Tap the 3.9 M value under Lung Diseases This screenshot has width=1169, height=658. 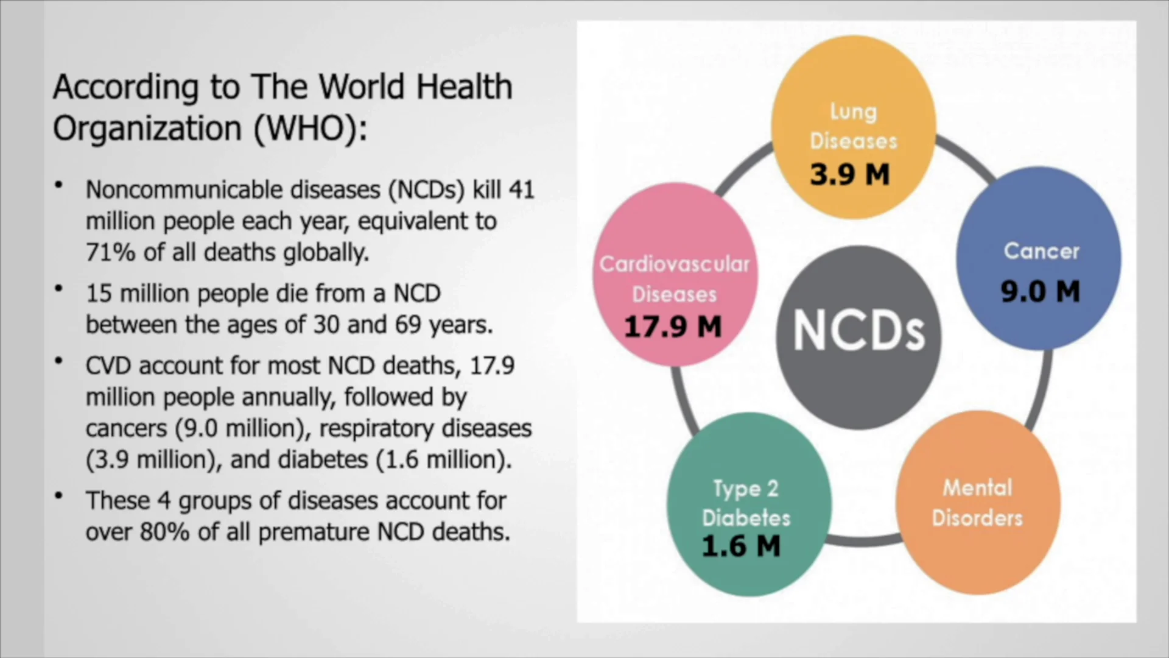click(x=849, y=175)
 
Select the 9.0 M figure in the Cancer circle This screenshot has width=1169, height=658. click(x=1040, y=291)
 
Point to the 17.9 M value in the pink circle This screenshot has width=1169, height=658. click(x=673, y=327)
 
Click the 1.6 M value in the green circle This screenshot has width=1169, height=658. click(x=741, y=545)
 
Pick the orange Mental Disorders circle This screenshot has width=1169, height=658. click(x=978, y=503)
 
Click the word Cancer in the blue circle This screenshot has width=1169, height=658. click(x=1041, y=251)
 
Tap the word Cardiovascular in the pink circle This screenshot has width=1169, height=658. click(x=675, y=264)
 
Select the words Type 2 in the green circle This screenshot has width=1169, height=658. click(x=746, y=489)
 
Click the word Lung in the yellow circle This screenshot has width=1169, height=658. click(x=854, y=111)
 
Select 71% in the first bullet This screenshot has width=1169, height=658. click(x=110, y=252)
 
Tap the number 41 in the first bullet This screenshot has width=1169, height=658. click(x=521, y=190)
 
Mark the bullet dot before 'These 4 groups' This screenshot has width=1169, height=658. click(x=59, y=496)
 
